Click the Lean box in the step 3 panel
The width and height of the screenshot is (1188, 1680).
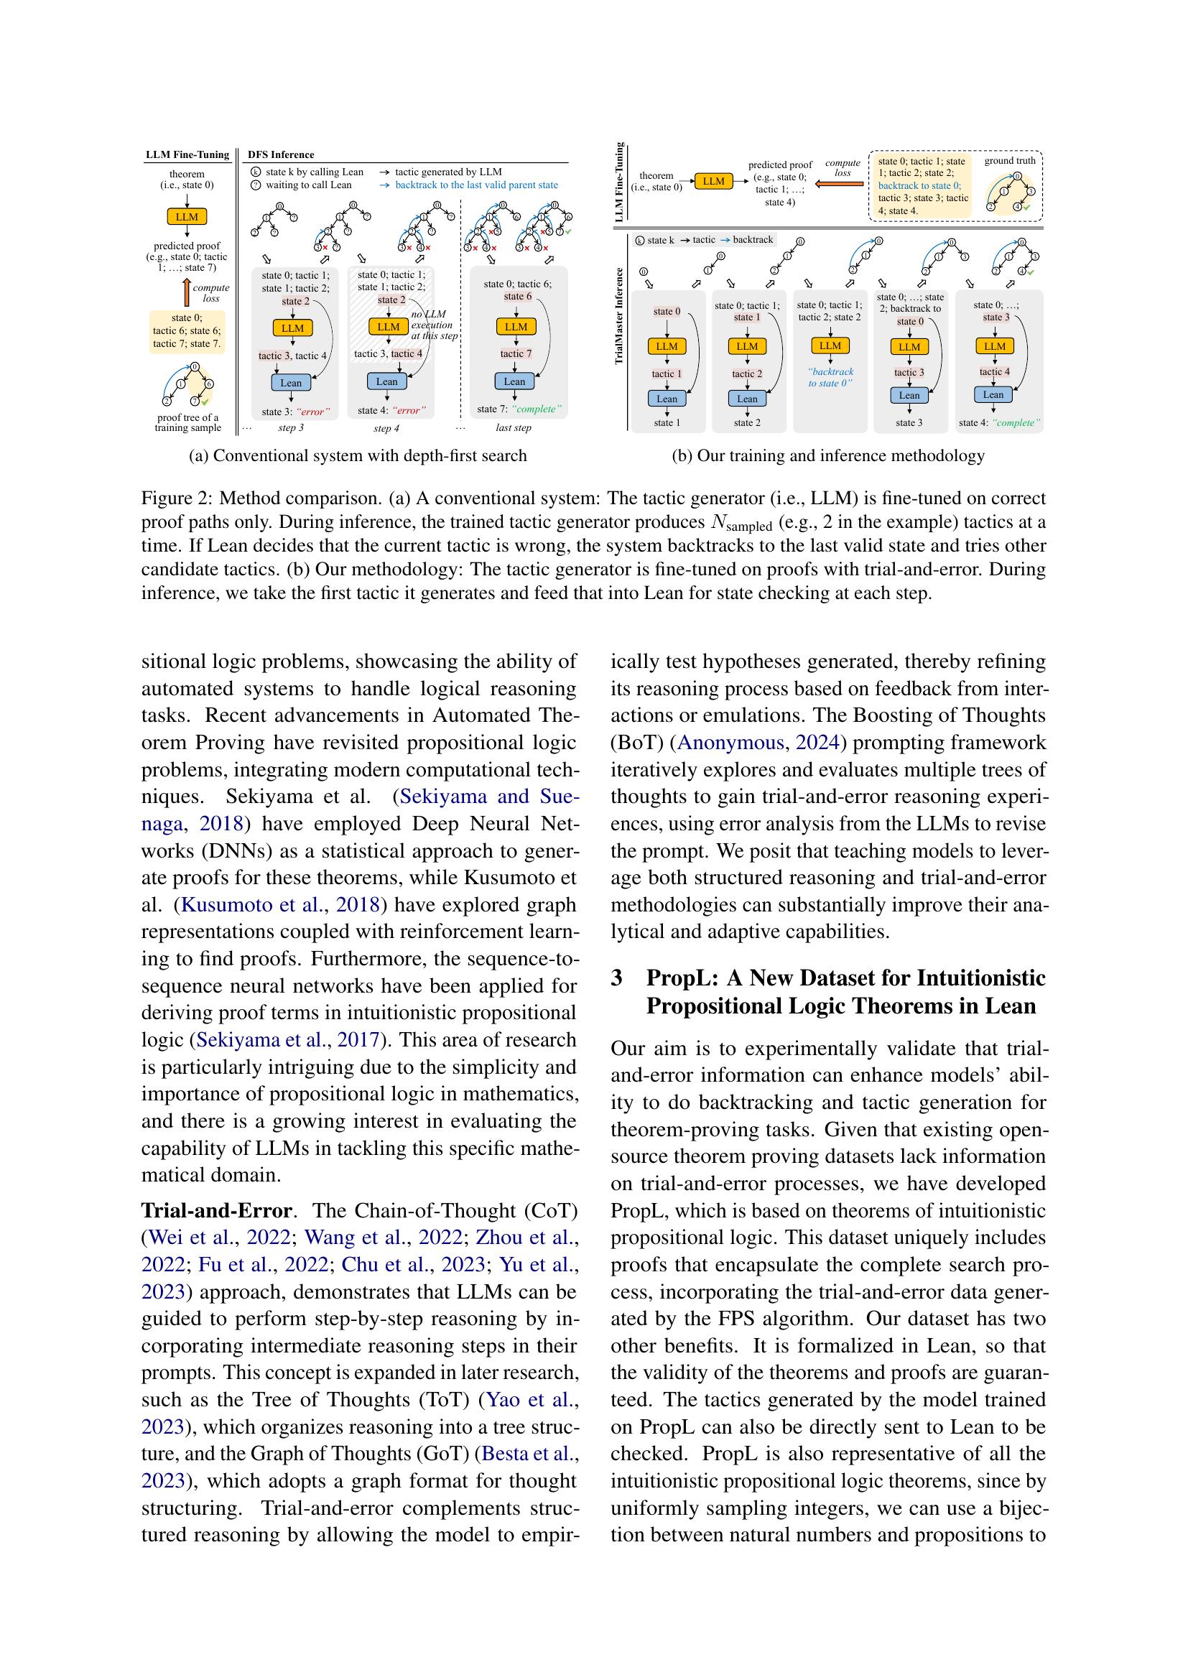click(290, 383)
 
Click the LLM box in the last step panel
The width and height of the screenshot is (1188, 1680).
click(516, 327)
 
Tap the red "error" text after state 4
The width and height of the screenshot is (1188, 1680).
click(409, 411)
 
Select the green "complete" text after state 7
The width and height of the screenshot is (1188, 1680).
click(536, 409)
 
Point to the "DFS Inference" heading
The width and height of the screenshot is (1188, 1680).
click(281, 154)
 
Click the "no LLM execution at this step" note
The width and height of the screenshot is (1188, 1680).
click(433, 325)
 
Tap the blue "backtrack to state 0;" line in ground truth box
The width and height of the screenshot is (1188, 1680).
click(919, 186)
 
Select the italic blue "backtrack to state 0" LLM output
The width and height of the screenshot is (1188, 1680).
click(830, 378)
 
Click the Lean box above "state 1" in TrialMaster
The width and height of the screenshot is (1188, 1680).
click(667, 399)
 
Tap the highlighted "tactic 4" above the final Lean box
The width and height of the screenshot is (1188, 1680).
click(994, 372)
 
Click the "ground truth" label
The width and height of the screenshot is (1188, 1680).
click(1009, 161)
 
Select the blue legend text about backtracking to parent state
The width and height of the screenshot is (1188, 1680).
click(476, 185)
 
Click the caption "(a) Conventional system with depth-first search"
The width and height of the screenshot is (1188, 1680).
click(358, 456)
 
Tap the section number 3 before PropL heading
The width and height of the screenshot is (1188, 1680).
click(617, 978)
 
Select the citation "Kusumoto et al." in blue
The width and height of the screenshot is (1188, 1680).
click(251, 905)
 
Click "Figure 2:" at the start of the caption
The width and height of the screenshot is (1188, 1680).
click(176, 499)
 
